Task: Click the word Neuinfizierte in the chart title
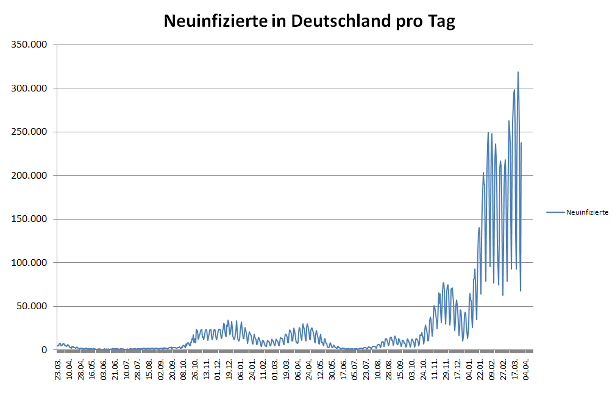tap(215, 21)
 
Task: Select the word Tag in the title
tap(439, 21)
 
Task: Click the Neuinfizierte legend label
tap(587, 212)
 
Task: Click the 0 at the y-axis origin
tap(44, 350)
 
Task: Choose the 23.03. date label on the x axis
tap(58, 369)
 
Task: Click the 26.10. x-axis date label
tap(196, 369)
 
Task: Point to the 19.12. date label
tap(230, 369)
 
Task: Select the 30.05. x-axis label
tap(333, 369)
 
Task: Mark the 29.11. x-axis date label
tap(447, 369)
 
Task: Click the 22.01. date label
tap(482, 369)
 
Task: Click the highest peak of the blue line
tap(518, 72)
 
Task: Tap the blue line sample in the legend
tap(555, 212)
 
